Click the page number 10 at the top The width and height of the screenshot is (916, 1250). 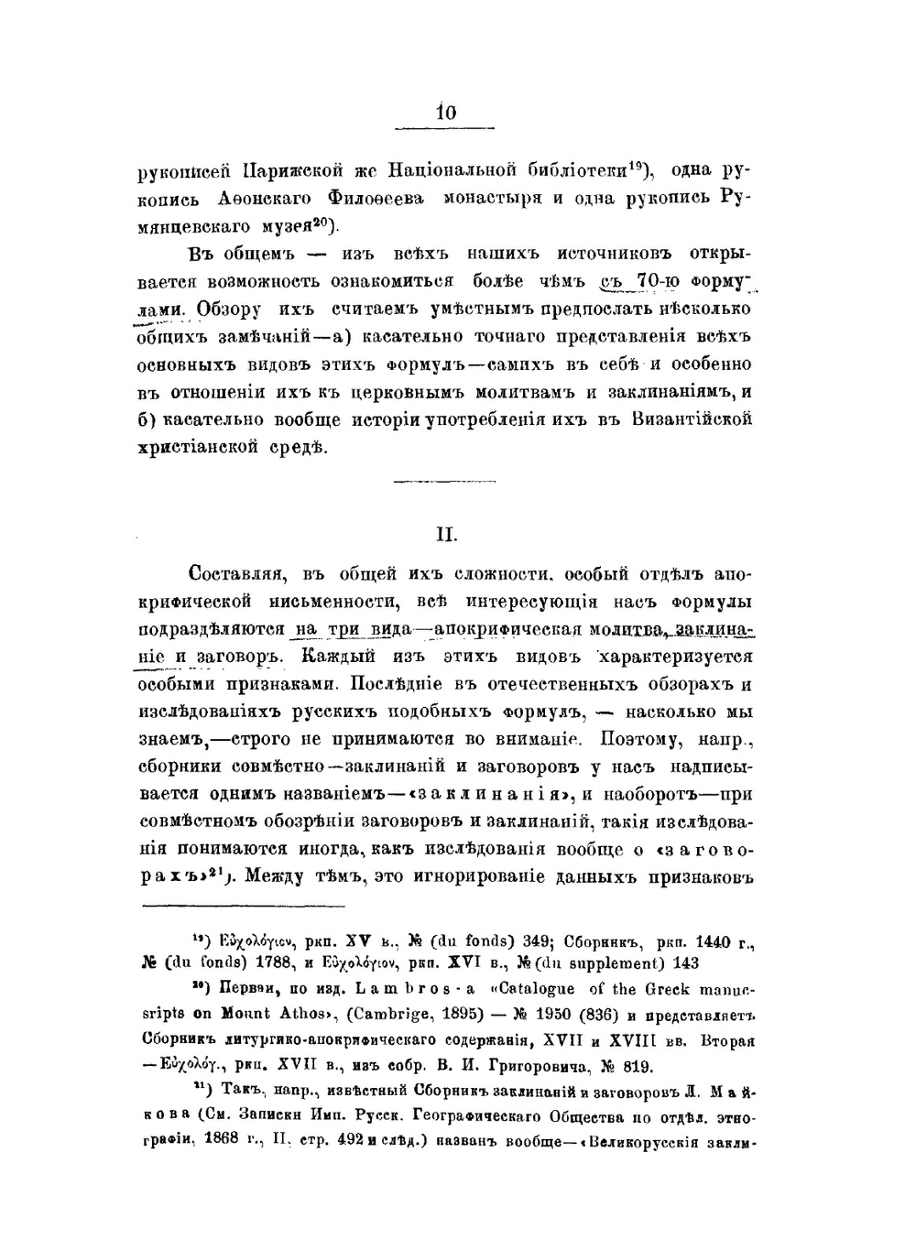446,113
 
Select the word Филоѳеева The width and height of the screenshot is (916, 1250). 375,197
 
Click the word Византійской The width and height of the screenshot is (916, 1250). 692,419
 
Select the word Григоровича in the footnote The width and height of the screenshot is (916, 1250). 526,1066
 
